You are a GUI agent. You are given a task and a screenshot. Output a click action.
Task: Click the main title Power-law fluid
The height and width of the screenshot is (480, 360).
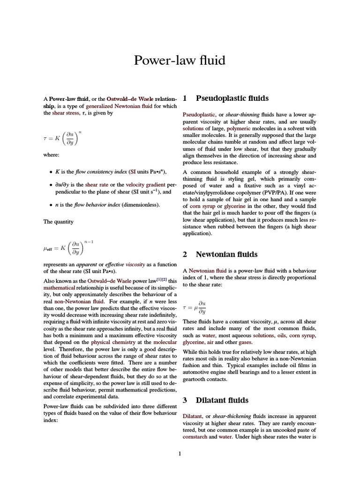180,60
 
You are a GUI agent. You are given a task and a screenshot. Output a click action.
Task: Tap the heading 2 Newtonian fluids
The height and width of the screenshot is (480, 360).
220,254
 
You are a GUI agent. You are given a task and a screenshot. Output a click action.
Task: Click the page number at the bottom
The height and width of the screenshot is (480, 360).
180,453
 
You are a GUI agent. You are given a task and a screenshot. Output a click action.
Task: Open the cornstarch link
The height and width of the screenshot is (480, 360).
195,436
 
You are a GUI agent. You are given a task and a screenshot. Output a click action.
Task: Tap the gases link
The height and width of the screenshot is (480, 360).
245,343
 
